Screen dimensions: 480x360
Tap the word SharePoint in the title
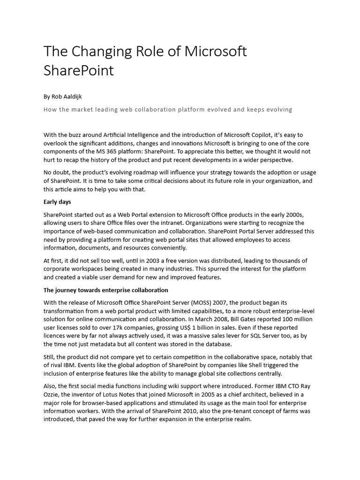pyautogui.click(x=79, y=71)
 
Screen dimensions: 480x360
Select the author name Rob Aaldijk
pyautogui.click(x=66, y=97)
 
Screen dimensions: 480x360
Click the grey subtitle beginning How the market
pyautogui.click(x=168, y=109)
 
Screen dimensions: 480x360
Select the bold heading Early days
pyautogui.click(x=57, y=202)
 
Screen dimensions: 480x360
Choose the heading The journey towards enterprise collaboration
pyautogui.click(x=105, y=290)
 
